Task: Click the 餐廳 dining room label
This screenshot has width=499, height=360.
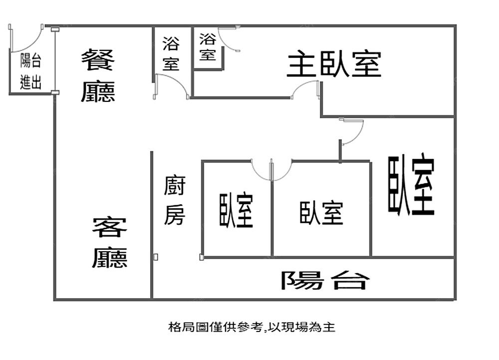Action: click(98, 75)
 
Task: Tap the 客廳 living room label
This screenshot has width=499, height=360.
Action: click(110, 243)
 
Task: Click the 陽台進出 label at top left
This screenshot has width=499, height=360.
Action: click(30, 72)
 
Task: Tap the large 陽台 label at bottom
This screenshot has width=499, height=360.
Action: click(325, 280)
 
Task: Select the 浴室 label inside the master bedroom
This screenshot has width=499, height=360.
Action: click(208, 46)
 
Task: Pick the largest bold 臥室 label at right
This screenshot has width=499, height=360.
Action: click(411, 185)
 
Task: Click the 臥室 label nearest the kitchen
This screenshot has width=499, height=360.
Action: click(236, 210)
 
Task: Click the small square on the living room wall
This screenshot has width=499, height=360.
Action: click(156, 257)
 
